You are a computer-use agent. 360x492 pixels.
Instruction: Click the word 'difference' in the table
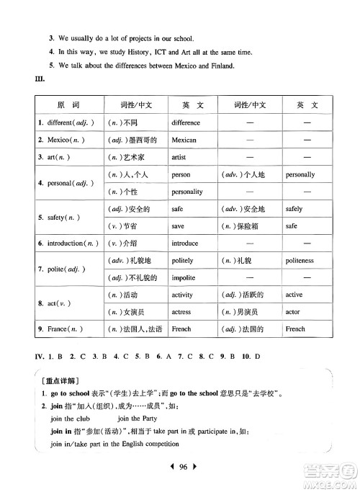coord(186,122)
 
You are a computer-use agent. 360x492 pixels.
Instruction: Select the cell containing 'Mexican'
coord(184,140)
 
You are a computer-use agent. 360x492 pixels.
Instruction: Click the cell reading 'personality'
coord(187,192)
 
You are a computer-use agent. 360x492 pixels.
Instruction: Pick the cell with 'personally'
coord(300,174)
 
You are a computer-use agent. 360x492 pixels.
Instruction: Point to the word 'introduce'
coord(185,243)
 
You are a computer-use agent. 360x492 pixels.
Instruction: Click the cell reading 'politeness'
coord(300,261)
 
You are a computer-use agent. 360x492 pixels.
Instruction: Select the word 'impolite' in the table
coord(184,278)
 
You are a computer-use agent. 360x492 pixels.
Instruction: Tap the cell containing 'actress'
coord(182,312)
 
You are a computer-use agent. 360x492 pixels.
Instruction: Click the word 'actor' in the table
coord(293,312)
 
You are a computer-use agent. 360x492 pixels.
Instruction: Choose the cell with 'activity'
coord(183,295)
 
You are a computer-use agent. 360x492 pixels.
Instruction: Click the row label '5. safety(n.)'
coord(61,217)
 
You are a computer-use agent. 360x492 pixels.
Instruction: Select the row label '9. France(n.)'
coord(63,329)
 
